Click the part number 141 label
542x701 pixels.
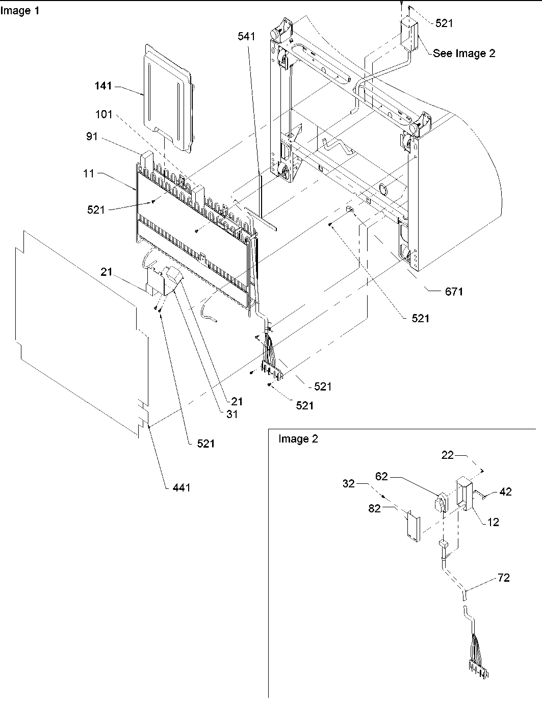[103, 86]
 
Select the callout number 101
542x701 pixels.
[104, 114]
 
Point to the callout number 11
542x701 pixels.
[90, 173]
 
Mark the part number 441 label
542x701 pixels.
[181, 487]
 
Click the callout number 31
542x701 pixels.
[232, 414]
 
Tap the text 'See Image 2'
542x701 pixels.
[463, 53]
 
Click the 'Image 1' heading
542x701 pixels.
[20, 11]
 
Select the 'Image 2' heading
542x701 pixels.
[298, 439]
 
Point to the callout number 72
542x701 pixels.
[504, 578]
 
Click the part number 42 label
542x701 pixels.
[505, 491]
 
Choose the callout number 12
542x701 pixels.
[493, 522]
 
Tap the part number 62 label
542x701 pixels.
[396, 477]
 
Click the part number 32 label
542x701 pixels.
[349, 483]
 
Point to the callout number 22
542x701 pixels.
[447, 455]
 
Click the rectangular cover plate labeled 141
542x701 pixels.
[168, 97]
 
